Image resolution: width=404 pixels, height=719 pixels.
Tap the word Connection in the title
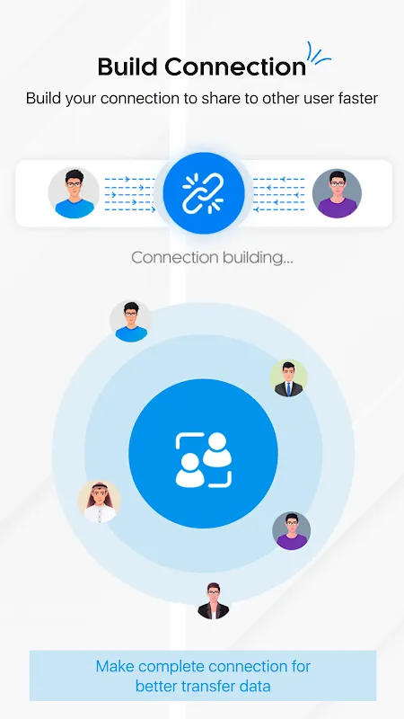point(235,67)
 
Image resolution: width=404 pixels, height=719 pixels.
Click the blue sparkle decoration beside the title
point(319,55)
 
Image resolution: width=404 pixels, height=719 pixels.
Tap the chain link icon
point(203,193)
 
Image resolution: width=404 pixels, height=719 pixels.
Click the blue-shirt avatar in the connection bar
point(74,193)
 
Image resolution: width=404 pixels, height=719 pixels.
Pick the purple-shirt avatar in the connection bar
point(338,193)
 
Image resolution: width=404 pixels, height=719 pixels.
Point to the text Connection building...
point(212,257)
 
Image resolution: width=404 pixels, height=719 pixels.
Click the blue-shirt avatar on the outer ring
point(131,322)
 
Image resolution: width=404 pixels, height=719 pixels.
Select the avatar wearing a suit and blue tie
point(288,377)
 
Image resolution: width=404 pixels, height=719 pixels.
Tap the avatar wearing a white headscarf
point(99,502)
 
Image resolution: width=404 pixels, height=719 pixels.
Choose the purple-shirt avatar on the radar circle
point(291,530)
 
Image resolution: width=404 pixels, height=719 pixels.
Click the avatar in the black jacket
point(213,600)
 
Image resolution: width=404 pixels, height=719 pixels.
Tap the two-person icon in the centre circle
point(204,460)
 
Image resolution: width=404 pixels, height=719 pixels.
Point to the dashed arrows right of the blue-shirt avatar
point(130,194)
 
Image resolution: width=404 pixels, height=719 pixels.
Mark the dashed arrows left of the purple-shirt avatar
point(279,194)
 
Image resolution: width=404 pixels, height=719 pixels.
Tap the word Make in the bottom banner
point(115,666)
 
